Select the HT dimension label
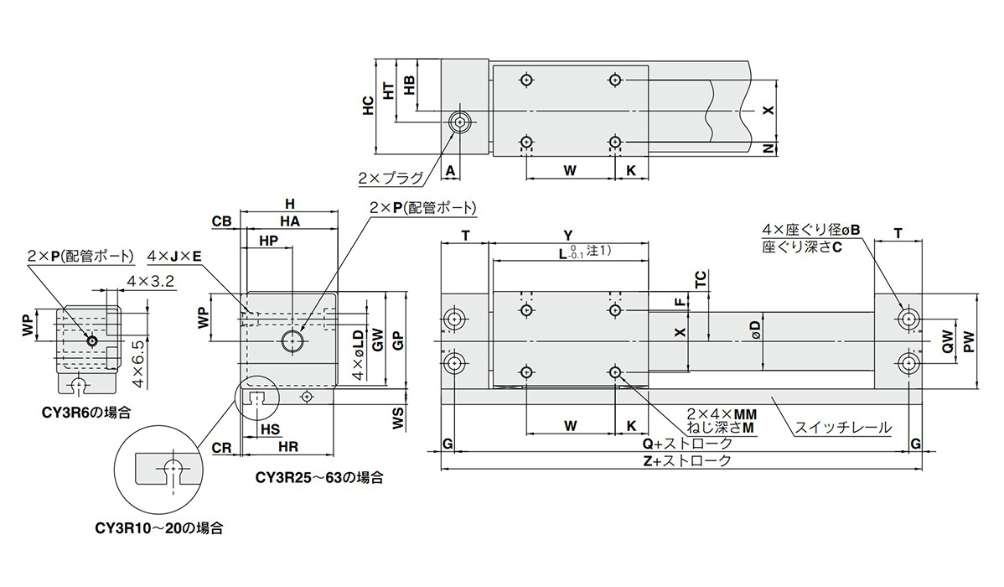click(388, 91)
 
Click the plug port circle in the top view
click(459, 123)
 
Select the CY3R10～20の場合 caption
click(158, 528)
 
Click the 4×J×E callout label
click(173, 255)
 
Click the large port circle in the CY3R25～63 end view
click(292, 340)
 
